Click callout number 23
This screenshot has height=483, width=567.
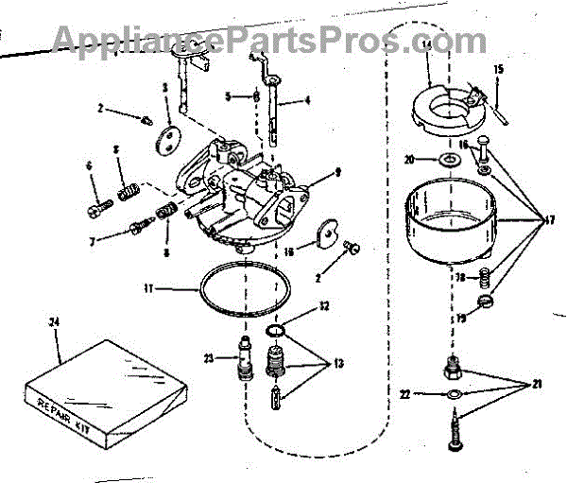pos(208,356)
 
